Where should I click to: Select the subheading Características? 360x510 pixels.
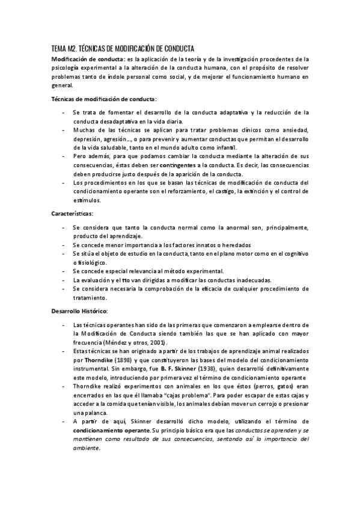pyautogui.click(x=71, y=214)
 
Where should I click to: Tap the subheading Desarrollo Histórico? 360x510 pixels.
pyautogui.click(x=79, y=312)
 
